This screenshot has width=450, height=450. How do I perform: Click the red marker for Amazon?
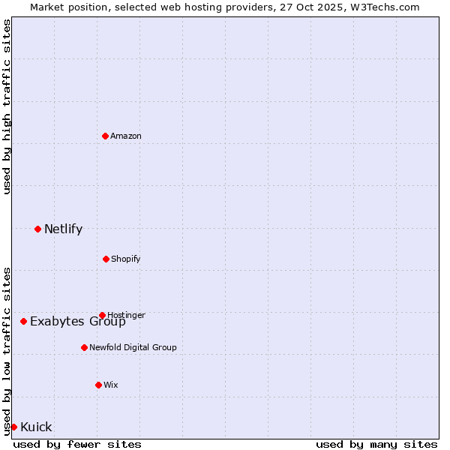point(105,136)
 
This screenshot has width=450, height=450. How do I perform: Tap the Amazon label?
point(125,136)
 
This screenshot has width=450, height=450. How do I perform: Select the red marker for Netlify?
point(37,229)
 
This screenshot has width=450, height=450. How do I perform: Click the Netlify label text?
point(63,229)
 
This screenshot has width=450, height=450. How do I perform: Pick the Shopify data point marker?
point(106,259)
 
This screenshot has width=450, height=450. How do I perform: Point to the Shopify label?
point(125,259)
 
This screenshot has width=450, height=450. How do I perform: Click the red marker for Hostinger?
point(102,315)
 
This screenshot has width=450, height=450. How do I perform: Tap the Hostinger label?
point(126,315)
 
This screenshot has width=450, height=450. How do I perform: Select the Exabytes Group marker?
point(23,321)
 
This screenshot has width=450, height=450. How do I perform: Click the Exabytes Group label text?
point(77,322)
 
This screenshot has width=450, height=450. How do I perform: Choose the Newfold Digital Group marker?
point(84,347)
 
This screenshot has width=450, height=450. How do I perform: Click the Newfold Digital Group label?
point(133,347)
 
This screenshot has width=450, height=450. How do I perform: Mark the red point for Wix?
point(98,385)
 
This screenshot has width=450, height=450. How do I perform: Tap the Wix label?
point(111,385)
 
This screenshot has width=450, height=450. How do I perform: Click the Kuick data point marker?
point(13,427)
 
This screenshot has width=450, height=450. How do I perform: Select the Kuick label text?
point(36,427)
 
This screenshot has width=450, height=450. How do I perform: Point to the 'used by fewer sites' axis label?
point(77,444)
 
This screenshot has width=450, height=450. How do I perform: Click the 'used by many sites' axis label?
point(376,444)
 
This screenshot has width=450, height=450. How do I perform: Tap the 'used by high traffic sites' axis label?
point(7,106)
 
